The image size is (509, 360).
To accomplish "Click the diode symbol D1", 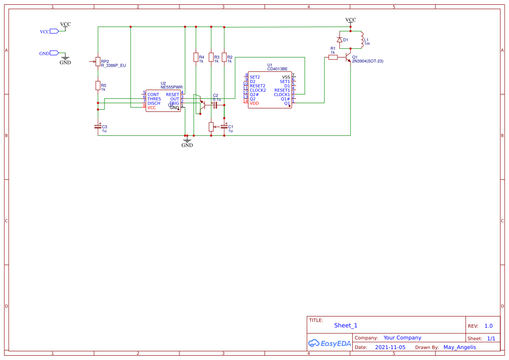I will click(x=339, y=40).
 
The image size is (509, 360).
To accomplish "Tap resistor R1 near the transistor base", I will click(x=333, y=57).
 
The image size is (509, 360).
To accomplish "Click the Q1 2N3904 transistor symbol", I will click(x=348, y=57).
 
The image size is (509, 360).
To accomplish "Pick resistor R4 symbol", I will click(x=196, y=57).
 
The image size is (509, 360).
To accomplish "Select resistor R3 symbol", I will click(x=211, y=57).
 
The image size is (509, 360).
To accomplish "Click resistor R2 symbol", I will click(x=224, y=57).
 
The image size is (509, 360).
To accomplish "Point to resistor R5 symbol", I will click(x=98, y=86).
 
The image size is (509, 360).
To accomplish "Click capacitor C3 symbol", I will click(x=98, y=127).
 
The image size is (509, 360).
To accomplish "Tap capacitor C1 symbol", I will click(x=224, y=127).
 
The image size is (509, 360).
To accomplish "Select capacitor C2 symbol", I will click(x=215, y=105).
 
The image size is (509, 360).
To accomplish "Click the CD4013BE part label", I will click(x=277, y=69).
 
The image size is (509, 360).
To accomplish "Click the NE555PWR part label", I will click(x=172, y=87).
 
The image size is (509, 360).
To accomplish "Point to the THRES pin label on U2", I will click(x=154, y=99).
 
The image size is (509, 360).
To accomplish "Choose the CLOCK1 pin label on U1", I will click(x=282, y=94).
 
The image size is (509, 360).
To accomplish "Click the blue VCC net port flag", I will click(x=54, y=31).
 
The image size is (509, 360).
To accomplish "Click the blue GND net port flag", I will click(x=54, y=53).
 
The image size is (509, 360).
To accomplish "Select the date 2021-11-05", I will click(x=390, y=347).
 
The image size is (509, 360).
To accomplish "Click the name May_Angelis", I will click(x=459, y=347).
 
